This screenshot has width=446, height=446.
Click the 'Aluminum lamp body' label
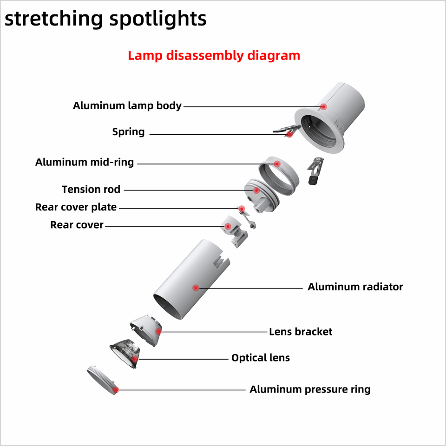click(127, 106)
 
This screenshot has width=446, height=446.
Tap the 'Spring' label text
click(128, 132)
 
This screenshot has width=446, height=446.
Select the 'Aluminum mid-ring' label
click(85, 162)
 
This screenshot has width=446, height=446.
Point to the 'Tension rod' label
click(91, 190)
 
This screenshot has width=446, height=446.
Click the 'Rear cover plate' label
click(76, 207)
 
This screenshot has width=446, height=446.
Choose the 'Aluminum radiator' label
click(355, 287)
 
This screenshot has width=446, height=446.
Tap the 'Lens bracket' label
click(301, 332)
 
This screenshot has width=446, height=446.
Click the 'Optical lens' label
click(260, 358)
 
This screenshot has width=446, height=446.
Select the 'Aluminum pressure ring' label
click(310, 389)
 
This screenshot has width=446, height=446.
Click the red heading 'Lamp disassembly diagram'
click(214, 56)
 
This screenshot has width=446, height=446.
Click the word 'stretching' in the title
click(53, 19)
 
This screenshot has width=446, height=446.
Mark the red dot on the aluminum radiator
click(196, 288)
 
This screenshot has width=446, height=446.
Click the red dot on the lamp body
click(324, 106)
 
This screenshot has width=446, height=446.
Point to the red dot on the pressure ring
click(116, 389)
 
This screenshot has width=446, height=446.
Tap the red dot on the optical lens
click(135, 358)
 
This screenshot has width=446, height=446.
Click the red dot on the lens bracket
click(158, 331)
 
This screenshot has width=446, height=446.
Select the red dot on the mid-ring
click(277, 164)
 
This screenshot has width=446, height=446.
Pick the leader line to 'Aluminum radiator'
click(251, 288)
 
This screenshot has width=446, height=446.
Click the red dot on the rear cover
click(228, 226)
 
